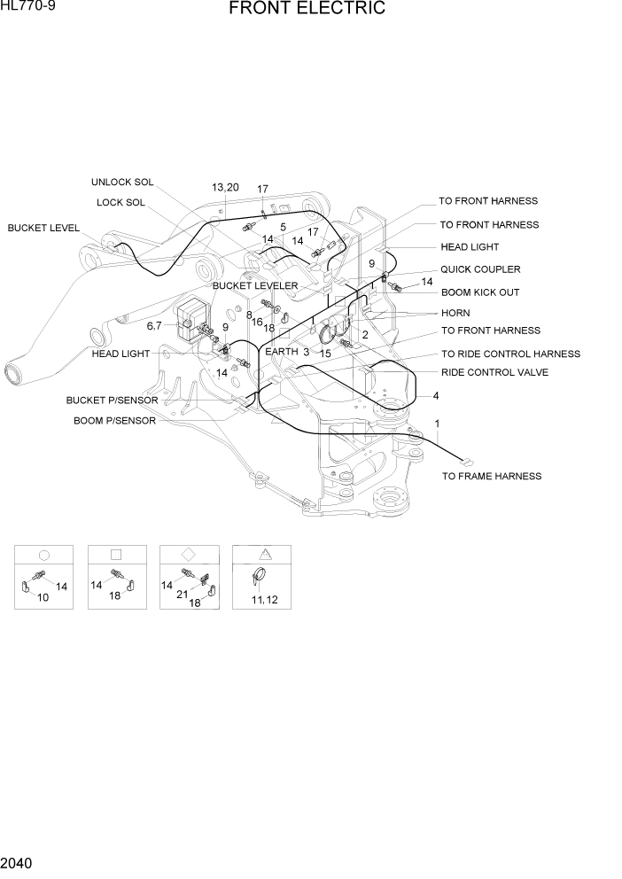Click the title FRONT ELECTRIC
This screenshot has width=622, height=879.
point(307,10)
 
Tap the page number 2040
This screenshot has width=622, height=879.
point(19,862)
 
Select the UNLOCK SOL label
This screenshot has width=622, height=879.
point(122,183)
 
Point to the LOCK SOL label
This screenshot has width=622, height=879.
point(121,202)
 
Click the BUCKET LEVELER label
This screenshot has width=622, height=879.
point(255,286)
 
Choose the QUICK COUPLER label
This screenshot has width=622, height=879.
point(480,269)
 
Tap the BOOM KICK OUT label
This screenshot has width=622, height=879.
point(480,292)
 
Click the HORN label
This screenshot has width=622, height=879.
point(455,313)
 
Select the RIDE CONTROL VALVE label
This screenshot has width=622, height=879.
point(494,372)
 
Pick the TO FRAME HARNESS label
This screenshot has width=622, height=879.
point(492,476)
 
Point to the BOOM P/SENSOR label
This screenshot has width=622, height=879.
point(114,421)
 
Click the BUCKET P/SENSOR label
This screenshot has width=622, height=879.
point(112,401)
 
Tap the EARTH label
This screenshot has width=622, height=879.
point(282,352)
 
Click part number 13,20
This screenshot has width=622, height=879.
point(225,187)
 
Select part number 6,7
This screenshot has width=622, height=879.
point(154,326)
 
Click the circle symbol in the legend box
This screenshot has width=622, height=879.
point(43,555)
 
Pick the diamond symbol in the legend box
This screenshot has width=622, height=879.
point(188,554)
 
